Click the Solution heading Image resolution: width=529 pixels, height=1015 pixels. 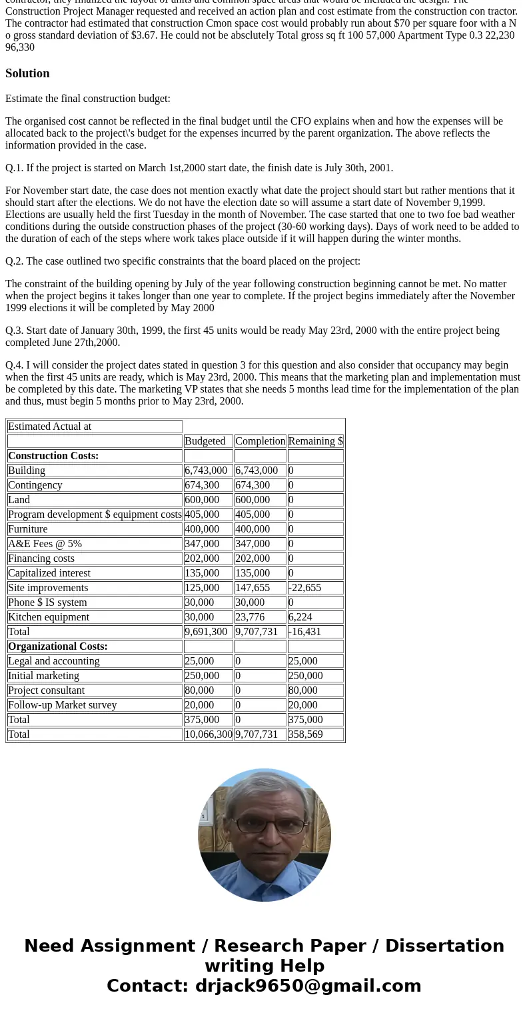[27, 73]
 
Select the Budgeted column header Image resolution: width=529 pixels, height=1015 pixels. [205, 441]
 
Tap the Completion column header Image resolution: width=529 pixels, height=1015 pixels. [260, 441]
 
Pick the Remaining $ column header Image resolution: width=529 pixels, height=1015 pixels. [315, 441]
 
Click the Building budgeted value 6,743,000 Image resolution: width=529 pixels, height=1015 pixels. [206, 471]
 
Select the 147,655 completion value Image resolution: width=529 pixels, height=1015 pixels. [253, 588]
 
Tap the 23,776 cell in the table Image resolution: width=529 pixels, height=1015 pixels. [250, 617]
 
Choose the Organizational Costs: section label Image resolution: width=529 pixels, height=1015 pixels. [58, 646]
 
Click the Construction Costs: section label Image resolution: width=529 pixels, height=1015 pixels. [53, 456]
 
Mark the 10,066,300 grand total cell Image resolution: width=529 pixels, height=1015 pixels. [209, 734]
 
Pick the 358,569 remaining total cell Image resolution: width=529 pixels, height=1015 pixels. [305, 734]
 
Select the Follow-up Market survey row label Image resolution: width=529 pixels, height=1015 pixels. [63, 705]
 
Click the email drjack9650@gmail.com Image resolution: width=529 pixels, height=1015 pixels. [308, 986]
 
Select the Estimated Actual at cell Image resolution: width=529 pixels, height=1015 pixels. [50, 427]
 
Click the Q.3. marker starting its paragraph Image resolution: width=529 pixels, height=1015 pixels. [14, 331]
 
